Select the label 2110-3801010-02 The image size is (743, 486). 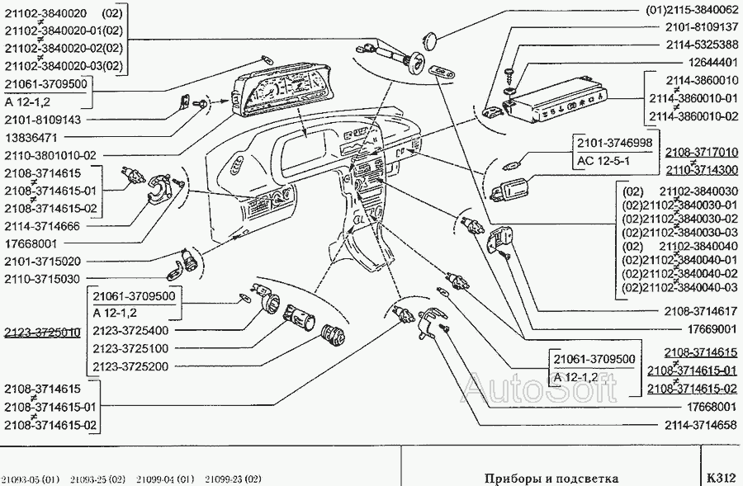tap(50, 154)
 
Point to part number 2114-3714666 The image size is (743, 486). tap(43, 226)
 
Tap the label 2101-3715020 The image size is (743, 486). tap(43, 261)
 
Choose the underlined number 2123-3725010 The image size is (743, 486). tap(42, 333)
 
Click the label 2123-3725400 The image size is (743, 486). tap(131, 330)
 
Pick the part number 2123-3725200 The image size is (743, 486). tap(131, 366)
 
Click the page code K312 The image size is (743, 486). tap(721, 478)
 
